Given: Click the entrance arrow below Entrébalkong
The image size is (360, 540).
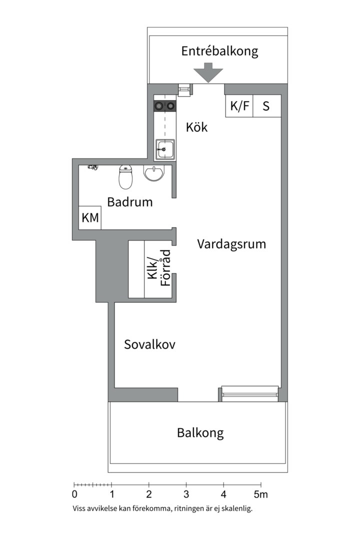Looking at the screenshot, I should point(208,73).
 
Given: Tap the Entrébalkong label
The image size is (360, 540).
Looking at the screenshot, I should point(219,51).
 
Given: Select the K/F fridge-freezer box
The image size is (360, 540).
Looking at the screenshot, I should point(239,106).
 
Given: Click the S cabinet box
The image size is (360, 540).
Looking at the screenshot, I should point(266,106).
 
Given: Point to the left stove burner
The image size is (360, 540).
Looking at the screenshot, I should point(159,105).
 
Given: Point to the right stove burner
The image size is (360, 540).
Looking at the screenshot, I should point(170,105).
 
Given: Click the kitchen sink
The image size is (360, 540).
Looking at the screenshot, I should point(164,148).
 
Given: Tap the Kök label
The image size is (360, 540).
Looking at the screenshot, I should point(196,127).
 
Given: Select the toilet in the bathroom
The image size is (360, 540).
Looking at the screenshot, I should point(126,177).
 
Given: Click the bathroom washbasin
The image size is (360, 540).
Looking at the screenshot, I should point(153,173).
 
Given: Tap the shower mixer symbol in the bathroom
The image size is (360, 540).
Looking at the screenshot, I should point(91,167).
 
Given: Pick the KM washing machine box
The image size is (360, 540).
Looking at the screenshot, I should point(90,218).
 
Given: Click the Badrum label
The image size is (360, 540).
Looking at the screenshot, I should point(130,202).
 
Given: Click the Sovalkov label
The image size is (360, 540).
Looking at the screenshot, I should point(149,344).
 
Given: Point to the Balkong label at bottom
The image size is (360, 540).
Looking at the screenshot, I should point(200,432).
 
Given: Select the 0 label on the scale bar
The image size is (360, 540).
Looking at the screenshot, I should point(74,495).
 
